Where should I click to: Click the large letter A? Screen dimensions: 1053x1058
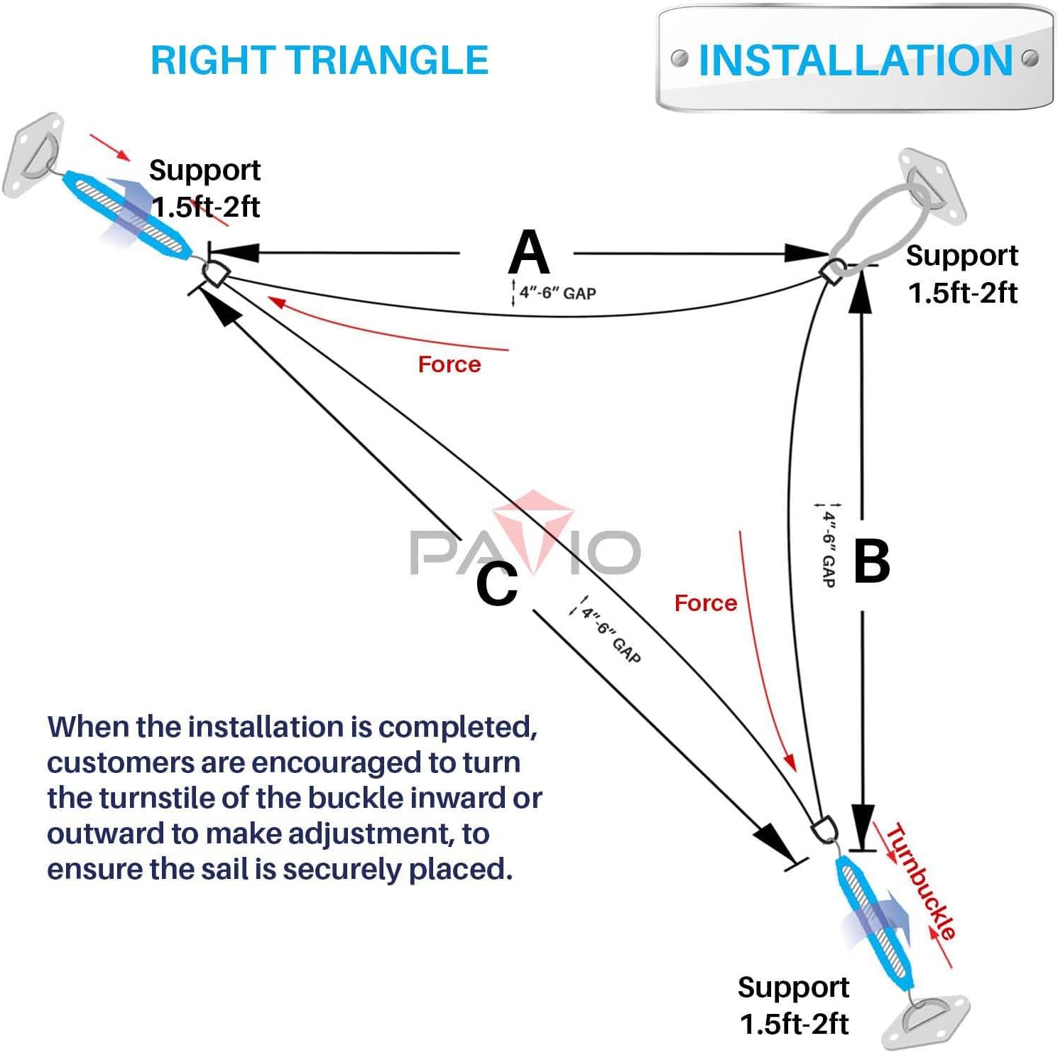(x=529, y=253)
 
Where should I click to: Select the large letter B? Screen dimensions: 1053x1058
(x=871, y=561)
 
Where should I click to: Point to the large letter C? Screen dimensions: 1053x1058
(x=496, y=584)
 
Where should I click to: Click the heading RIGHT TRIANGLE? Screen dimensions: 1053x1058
(x=320, y=60)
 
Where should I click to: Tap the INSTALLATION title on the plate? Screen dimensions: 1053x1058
(x=855, y=60)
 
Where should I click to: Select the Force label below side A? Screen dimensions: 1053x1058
(x=449, y=364)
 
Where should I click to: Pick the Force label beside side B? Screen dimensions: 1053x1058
(x=705, y=603)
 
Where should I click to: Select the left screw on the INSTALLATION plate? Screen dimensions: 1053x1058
(x=680, y=58)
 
